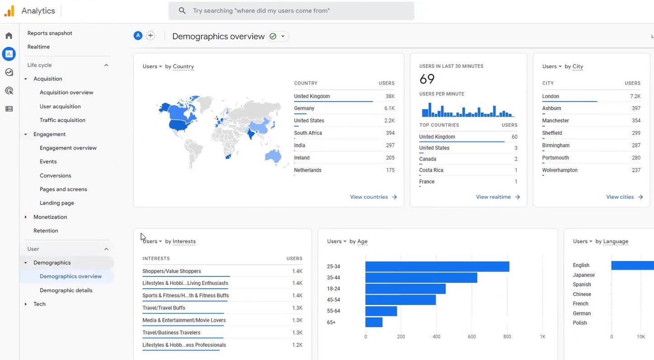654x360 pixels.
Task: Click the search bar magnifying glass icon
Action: (182, 11)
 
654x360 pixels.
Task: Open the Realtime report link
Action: (38, 47)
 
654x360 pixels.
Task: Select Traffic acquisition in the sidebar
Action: (62, 120)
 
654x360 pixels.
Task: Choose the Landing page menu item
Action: (57, 203)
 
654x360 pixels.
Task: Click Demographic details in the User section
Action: (66, 290)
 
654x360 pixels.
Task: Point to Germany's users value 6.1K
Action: (389, 108)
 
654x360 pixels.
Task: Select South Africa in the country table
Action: (308, 133)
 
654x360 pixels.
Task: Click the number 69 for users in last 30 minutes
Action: (427, 79)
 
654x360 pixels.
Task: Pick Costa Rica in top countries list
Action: (431, 170)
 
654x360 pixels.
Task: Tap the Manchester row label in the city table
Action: (555, 121)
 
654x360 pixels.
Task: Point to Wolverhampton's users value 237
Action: (636, 170)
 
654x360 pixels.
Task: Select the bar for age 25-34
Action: (437, 266)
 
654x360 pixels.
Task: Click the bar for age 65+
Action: (374, 322)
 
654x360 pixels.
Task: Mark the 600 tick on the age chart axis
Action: (471, 337)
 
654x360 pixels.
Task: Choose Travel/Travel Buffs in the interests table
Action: (164, 308)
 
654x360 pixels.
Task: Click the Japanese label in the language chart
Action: (583, 275)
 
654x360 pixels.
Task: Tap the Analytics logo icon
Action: (9, 11)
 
